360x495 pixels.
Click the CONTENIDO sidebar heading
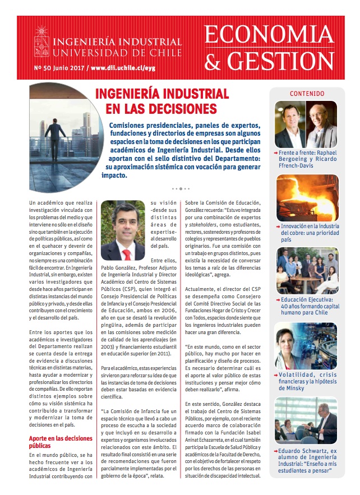coord(306,94)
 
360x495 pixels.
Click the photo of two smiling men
coord(306,124)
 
